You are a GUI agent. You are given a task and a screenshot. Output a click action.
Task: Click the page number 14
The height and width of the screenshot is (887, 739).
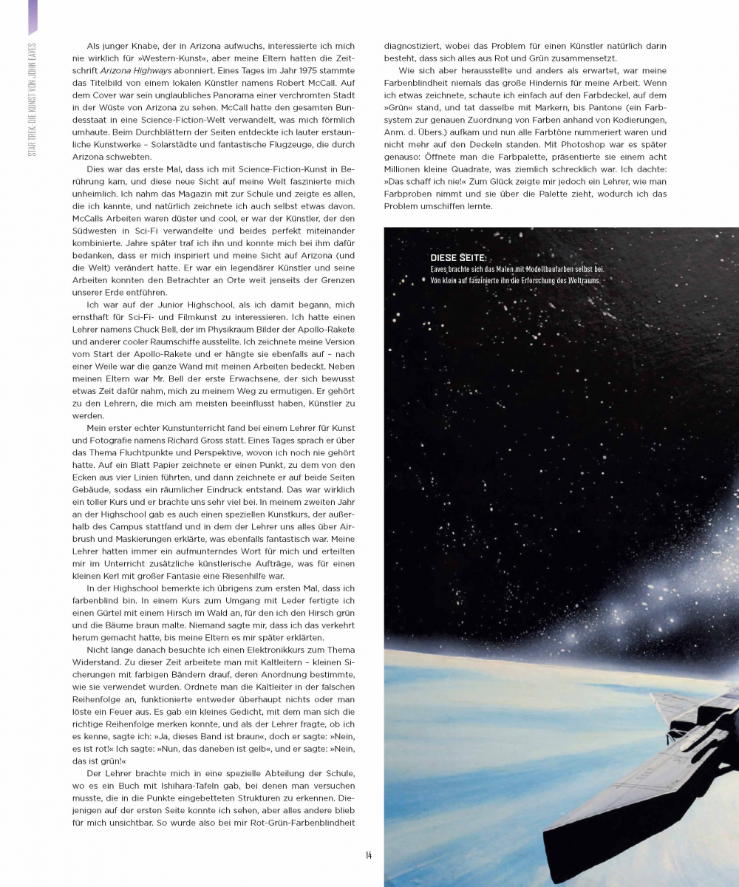pos(368,855)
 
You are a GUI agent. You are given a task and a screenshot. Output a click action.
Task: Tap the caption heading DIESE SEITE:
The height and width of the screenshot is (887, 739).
pos(458,258)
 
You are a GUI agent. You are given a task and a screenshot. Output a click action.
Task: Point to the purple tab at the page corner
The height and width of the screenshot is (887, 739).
pos(32,16)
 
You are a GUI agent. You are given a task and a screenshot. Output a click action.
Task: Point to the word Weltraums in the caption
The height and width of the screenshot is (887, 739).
pos(580,280)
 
